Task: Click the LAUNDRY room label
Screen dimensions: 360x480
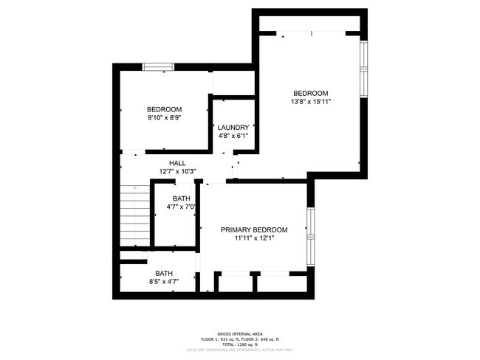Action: click(233, 127)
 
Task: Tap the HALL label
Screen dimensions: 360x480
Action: click(177, 163)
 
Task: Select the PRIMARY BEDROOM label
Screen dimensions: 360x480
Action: click(254, 230)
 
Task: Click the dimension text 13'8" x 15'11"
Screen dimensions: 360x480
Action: click(310, 102)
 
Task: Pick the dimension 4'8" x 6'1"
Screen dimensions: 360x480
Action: click(233, 136)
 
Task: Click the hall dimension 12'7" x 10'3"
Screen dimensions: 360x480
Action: click(177, 172)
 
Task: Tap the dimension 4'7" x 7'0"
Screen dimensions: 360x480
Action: click(182, 207)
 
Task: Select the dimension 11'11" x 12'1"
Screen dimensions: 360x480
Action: click(254, 239)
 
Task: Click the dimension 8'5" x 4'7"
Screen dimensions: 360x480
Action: click(164, 282)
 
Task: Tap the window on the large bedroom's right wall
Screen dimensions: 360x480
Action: click(363, 68)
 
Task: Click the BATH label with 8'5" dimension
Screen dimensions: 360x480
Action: click(164, 273)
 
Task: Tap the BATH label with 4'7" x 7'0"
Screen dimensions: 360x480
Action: click(182, 198)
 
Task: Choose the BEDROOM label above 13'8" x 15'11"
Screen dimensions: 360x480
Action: click(310, 93)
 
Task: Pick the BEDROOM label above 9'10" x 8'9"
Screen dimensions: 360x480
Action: click(164, 108)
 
